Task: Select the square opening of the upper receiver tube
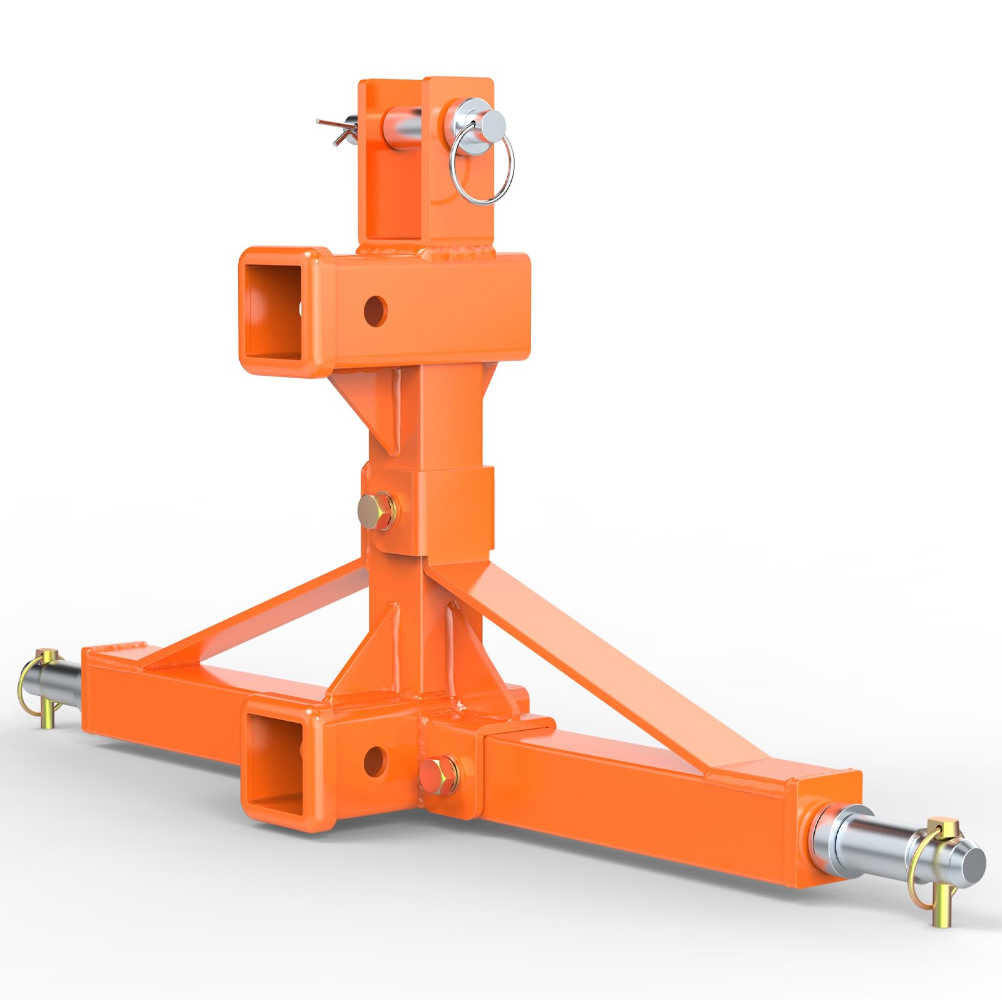click(x=273, y=311)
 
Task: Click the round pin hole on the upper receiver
click(x=376, y=310)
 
